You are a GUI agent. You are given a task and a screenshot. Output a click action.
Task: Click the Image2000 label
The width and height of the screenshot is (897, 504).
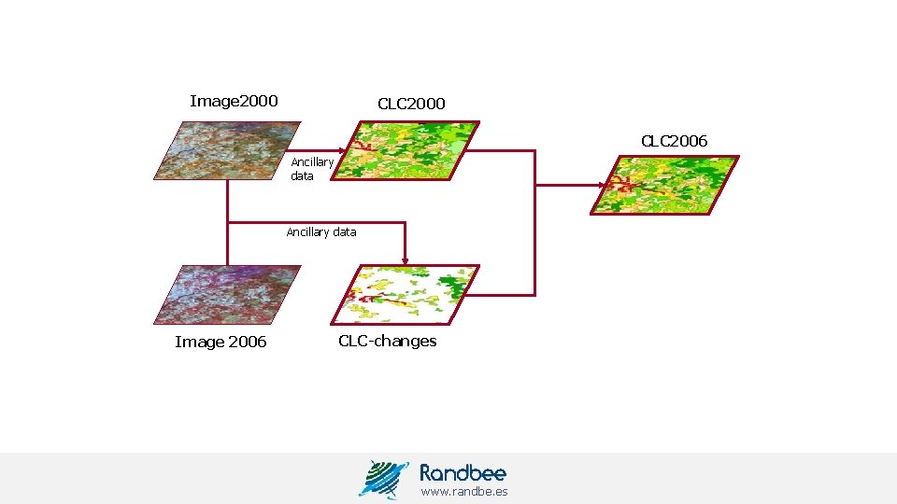coord(234,101)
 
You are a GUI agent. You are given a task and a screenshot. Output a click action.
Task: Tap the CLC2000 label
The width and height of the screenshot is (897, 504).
coord(411,104)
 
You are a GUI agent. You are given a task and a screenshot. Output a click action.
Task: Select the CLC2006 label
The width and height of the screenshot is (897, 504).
coord(674,141)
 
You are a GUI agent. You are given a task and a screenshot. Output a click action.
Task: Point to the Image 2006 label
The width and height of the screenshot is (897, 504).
coord(221,342)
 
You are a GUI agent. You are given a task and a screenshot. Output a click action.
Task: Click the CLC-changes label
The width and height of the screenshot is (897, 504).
coord(387,341)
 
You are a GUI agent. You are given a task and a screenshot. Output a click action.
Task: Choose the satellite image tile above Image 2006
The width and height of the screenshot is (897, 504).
coord(228,294)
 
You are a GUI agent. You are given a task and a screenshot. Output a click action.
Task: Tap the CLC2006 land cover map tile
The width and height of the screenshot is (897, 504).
coord(664,185)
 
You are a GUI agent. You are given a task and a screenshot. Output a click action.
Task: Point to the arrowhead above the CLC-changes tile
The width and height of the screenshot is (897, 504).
coord(404,258)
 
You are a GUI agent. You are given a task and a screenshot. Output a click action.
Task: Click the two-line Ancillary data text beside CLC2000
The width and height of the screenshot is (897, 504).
coord(311,169)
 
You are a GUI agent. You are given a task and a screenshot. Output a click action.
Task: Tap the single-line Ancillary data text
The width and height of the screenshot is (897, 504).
coord(320,232)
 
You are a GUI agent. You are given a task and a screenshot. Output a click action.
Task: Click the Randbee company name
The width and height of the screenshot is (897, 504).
coord(463,472)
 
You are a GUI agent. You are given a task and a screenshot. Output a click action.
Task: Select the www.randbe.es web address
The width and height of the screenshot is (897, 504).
coord(463,491)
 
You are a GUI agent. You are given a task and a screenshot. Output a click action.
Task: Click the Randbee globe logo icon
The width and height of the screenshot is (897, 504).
coord(383,479)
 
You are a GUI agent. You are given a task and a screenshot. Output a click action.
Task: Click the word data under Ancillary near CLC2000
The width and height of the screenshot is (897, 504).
coord(302,176)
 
